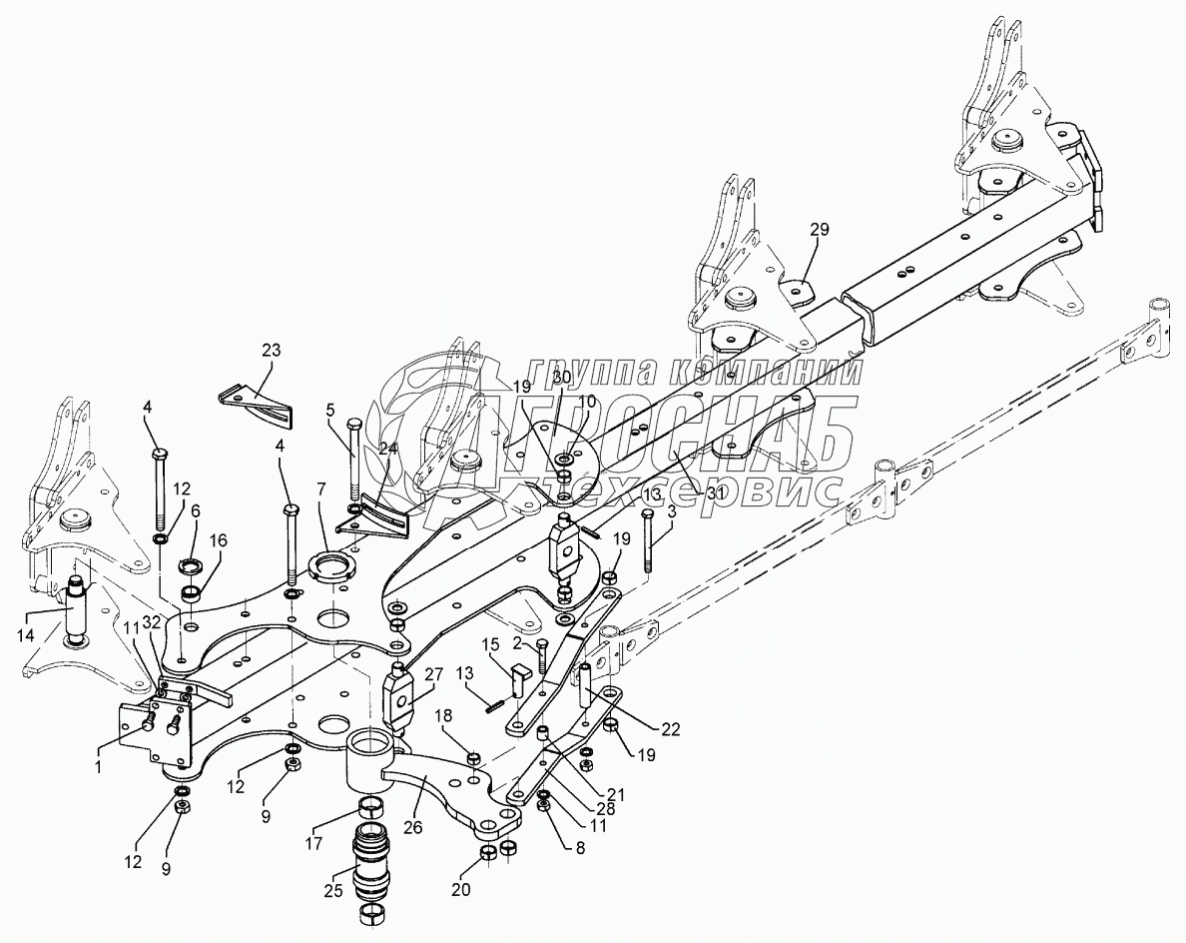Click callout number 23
pos(271,351)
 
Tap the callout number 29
pos(819,230)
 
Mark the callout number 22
pos(671,729)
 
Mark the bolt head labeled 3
pos(648,514)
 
